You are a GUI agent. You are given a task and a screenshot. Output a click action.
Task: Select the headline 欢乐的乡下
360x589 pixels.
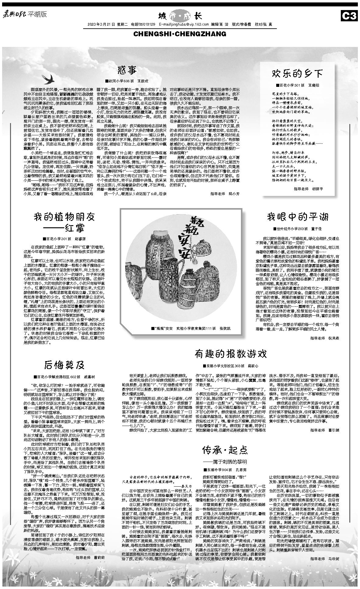(x=297, y=73)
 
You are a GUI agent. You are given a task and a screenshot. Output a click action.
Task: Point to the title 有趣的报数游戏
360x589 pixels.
(x=231, y=354)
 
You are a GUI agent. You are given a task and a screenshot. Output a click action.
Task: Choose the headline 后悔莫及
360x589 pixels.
(x=64, y=365)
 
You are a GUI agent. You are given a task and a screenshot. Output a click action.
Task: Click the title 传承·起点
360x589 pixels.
(x=225, y=450)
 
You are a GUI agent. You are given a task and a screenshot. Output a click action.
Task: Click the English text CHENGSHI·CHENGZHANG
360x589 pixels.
(x=180, y=34)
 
